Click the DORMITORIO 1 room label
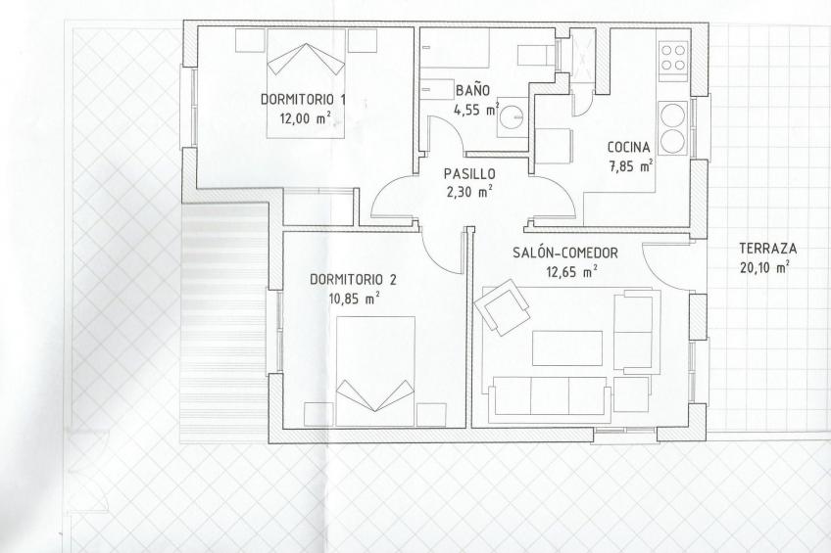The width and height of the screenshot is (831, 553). coord(304,98)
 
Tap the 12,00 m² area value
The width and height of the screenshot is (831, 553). coord(304,116)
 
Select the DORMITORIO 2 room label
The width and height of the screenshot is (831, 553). coord(353,279)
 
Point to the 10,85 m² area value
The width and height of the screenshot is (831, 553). coord(354,298)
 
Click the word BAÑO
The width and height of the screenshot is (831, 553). coord(473,90)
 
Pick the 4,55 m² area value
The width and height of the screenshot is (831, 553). coord(475,109)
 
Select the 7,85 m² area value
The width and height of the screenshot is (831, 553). coord(631,165)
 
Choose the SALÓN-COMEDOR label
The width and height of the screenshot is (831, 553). coord(565,253)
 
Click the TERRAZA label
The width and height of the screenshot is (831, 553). coord(767,249)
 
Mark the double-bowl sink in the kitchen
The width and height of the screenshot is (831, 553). coord(672,129)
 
